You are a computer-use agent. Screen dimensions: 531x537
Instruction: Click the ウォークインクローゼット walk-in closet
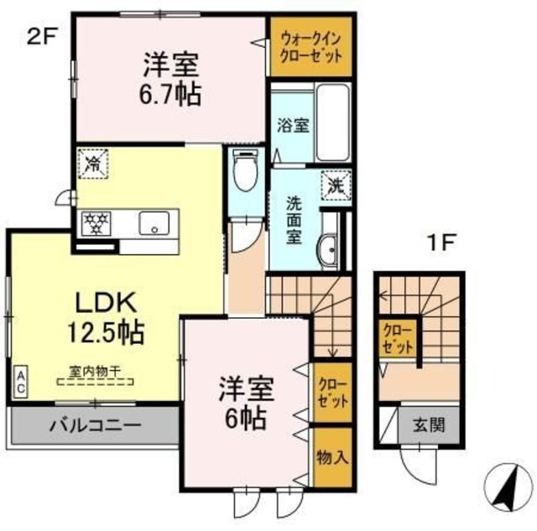(310, 48)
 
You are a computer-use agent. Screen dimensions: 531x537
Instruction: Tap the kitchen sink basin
(154, 223)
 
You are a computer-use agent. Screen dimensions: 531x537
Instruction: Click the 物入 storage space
(331, 458)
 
